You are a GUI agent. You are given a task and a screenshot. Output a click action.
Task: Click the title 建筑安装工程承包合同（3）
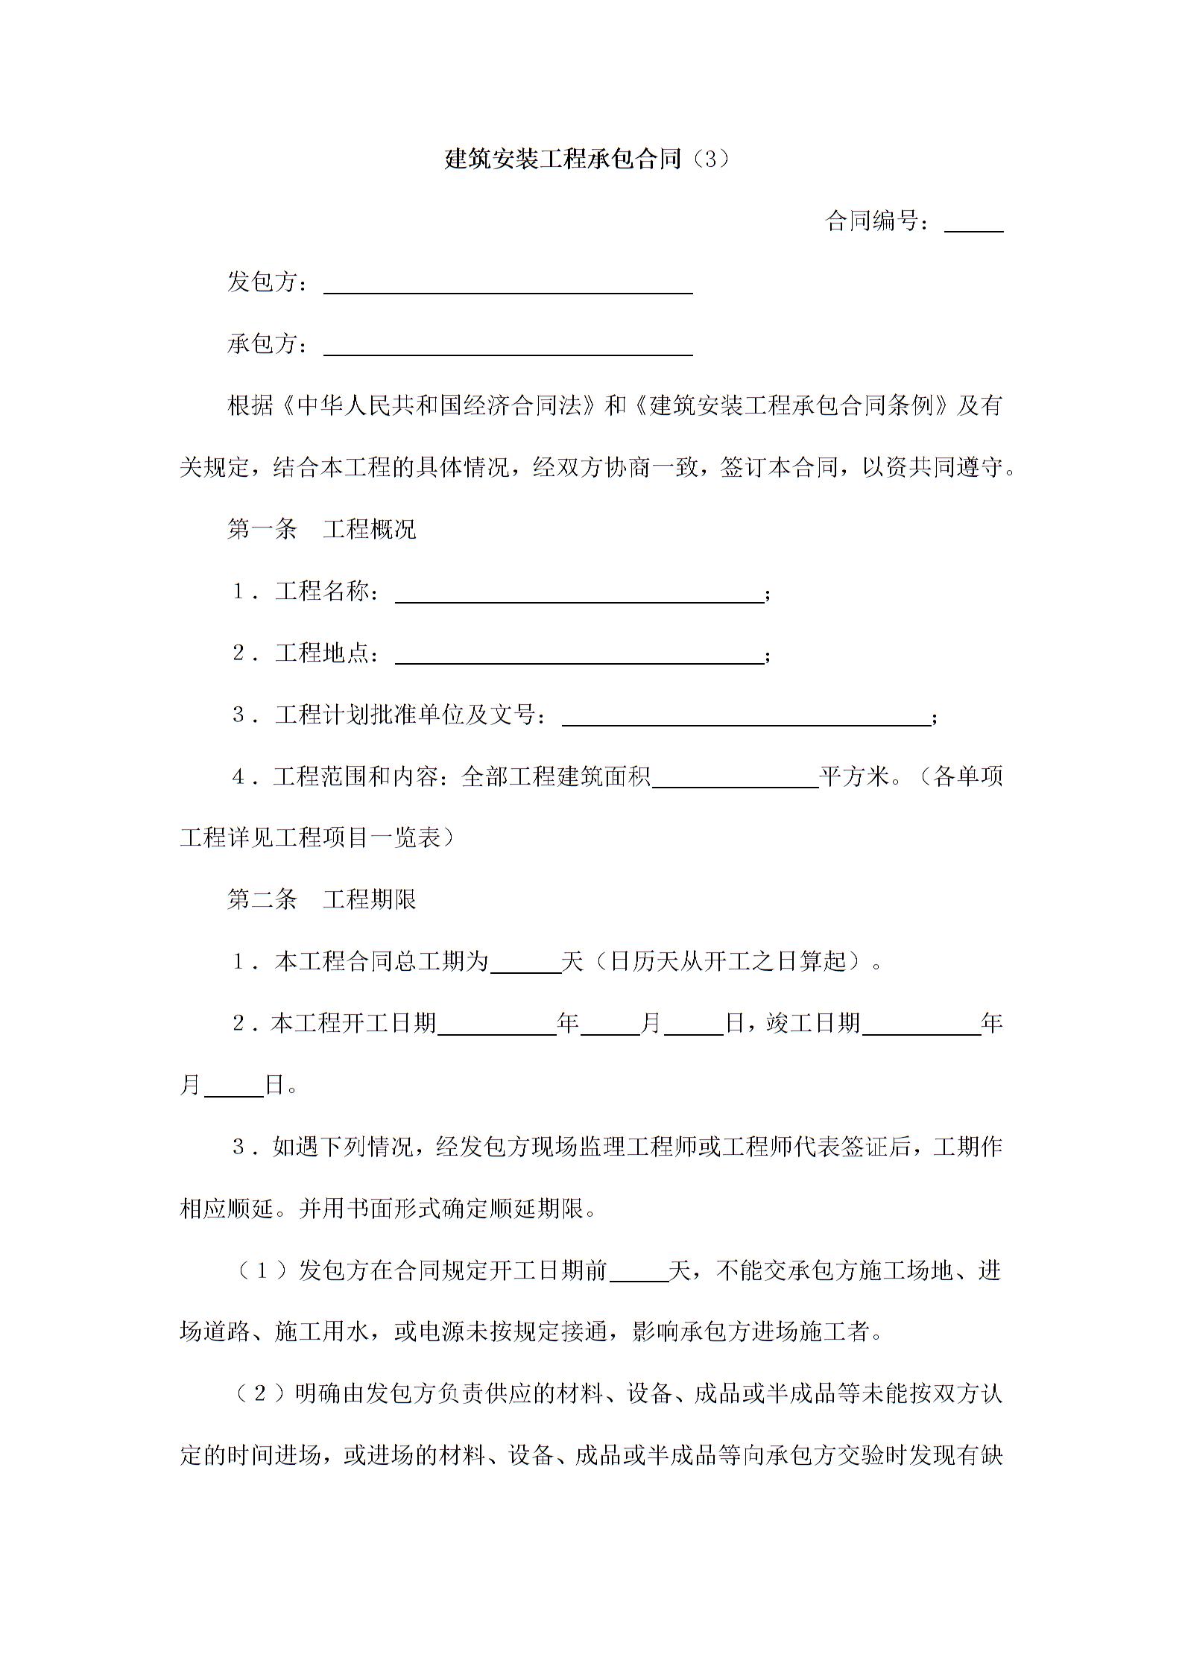click(587, 159)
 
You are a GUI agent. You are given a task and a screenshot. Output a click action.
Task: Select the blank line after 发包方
click(508, 285)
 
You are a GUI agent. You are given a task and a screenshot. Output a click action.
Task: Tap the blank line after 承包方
click(508, 347)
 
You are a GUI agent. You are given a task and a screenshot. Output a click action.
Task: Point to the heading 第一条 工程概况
click(321, 529)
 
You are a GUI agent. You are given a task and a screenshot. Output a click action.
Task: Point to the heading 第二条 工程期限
click(321, 899)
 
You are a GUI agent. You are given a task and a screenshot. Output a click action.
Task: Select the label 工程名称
click(321, 592)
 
